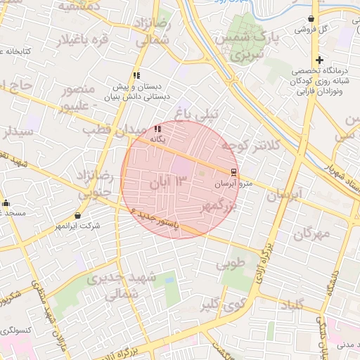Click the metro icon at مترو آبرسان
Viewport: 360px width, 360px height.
(233, 172)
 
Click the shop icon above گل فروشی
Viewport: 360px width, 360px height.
(311, 19)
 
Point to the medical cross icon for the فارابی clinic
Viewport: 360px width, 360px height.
(319, 60)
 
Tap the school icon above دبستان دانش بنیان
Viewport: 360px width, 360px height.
(136, 75)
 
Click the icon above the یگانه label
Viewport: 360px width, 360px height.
(157, 129)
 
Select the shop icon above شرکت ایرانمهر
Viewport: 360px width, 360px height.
(77, 215)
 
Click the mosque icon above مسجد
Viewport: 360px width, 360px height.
(6, 203)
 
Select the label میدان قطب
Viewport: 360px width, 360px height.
(109, 130)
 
